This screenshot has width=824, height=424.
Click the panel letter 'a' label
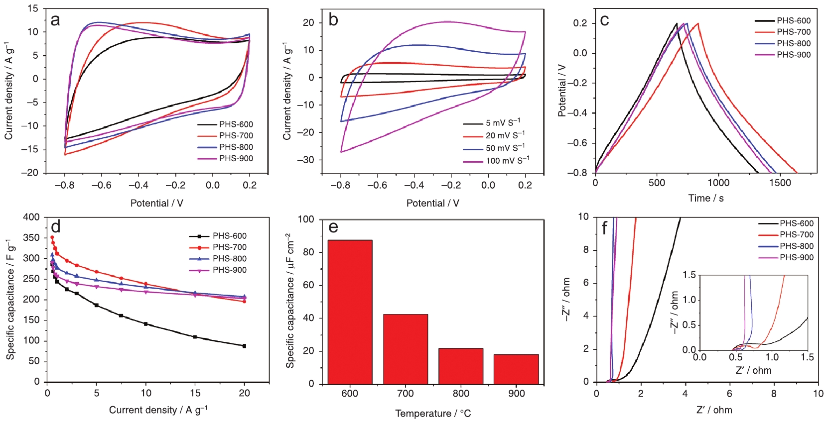point(55,20)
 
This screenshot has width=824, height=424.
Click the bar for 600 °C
point(350,312)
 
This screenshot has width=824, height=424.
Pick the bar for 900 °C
point(516,369)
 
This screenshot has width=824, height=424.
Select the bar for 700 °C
point(405,348)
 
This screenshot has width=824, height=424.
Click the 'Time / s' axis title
point(706,198)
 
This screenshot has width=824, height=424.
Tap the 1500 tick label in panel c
point(780,183)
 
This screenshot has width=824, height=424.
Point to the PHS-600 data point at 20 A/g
point(244,345)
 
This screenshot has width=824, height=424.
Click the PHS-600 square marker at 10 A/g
point(146,323)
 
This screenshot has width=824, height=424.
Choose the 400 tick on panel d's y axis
point(32,217)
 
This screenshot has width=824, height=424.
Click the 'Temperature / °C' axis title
point(432,414)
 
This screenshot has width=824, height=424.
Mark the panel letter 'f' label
point(604,228)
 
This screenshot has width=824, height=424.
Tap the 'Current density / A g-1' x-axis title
point(158,410)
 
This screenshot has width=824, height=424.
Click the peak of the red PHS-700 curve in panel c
point(697,23)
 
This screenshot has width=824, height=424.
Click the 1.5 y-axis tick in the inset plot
point(689,275)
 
